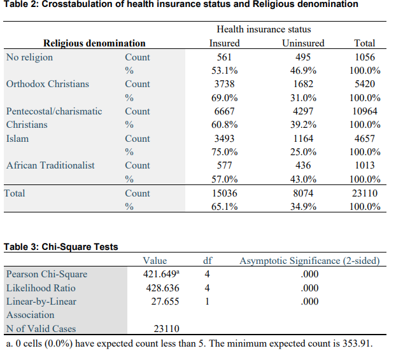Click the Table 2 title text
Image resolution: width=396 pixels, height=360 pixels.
tap(181, 4)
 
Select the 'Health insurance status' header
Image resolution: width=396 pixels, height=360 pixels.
tap(264, 29)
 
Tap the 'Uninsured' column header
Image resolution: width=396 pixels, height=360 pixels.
tap(302, 43)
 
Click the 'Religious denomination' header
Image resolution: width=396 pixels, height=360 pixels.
tap(94, 43)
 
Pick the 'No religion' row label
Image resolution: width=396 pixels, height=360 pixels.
tap(29, 57)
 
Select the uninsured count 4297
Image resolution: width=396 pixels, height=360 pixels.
tap(302, 111)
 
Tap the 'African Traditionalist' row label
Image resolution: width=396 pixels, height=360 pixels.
tap(50, 165)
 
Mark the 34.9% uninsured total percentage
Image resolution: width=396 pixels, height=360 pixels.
tap(302, 207)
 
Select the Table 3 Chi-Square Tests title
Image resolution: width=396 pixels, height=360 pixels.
tap(61, 247)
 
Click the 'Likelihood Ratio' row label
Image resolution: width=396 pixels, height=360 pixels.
tap(41, 288)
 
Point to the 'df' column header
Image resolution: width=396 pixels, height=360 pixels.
tap(207, 261)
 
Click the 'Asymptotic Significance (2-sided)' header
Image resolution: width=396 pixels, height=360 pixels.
tap(309, 261)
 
